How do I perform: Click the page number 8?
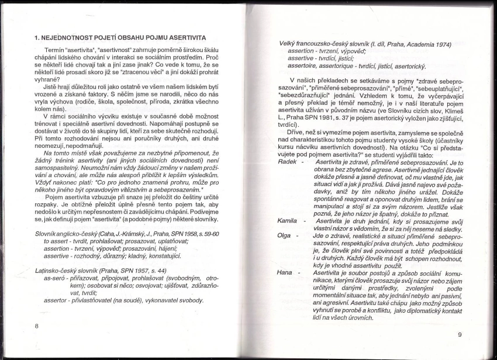pos(37,326)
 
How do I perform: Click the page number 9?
pos(460,334)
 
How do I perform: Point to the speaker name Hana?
pos(285,272)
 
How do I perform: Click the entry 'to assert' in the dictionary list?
pos(56,241)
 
